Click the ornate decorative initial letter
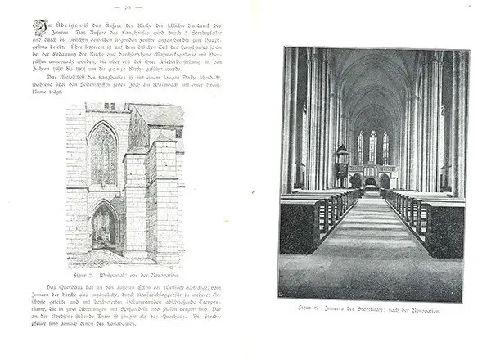(x=38, y=26)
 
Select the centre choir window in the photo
(x=373, y=148)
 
